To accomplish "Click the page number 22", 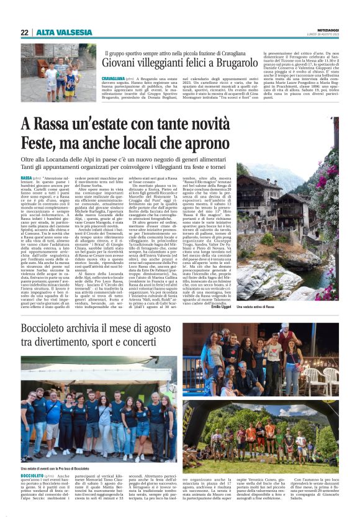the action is tap(24, 32).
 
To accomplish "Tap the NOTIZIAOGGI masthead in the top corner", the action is tap(325, 29).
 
